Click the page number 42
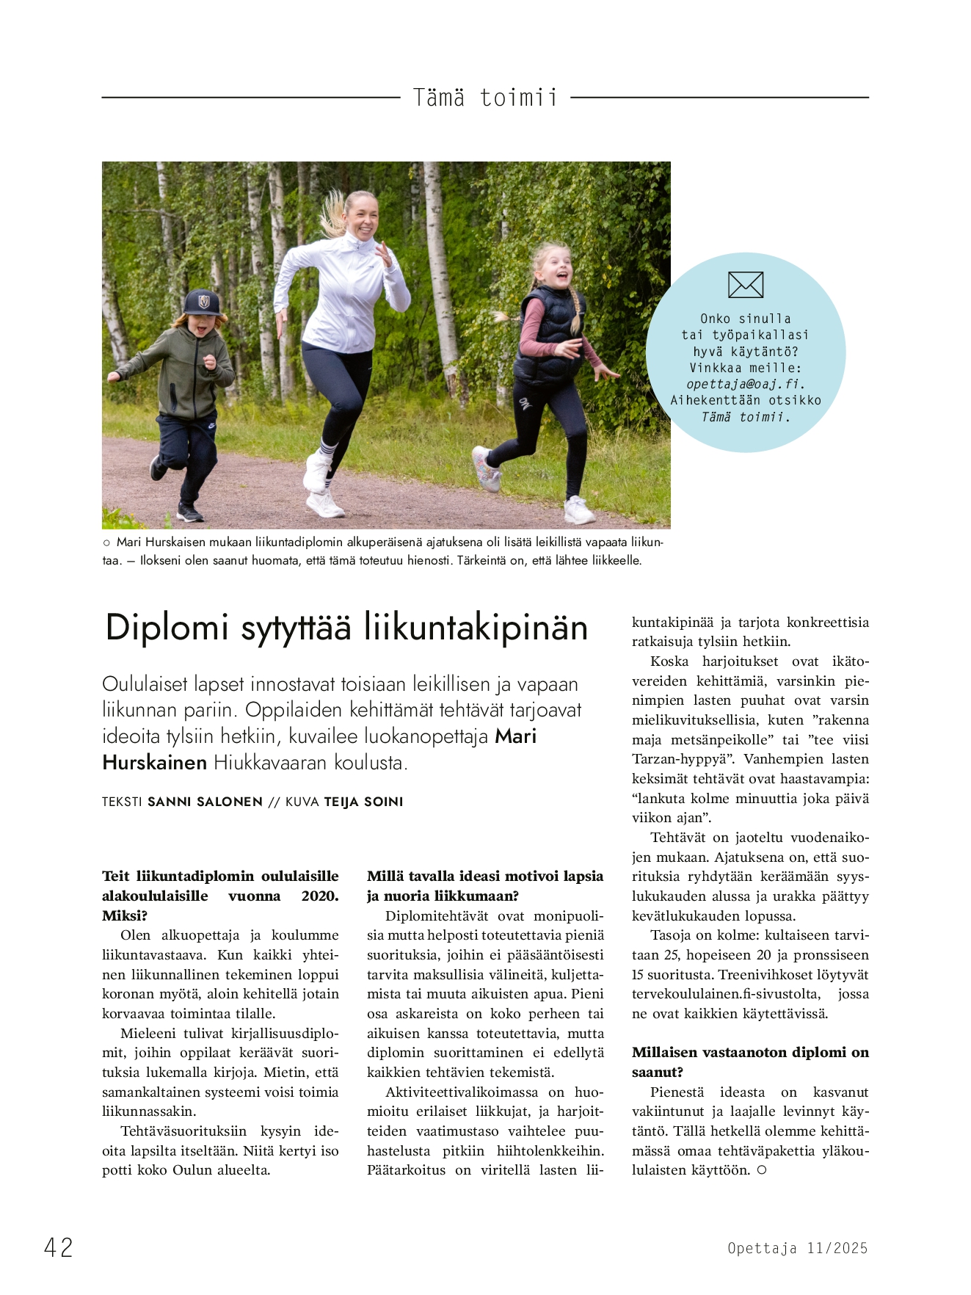click(59, 1247)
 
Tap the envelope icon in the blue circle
click(746, 285)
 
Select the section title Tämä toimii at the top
click(485, 98)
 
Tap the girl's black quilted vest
click(549, 336)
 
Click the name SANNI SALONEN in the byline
click(205, 802)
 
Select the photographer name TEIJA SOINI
click(363, 802)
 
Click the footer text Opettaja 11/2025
click(798, 1248)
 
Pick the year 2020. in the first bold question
click(320, 896)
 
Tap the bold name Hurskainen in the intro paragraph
click(155, 763)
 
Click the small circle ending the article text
click(762, 1170)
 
